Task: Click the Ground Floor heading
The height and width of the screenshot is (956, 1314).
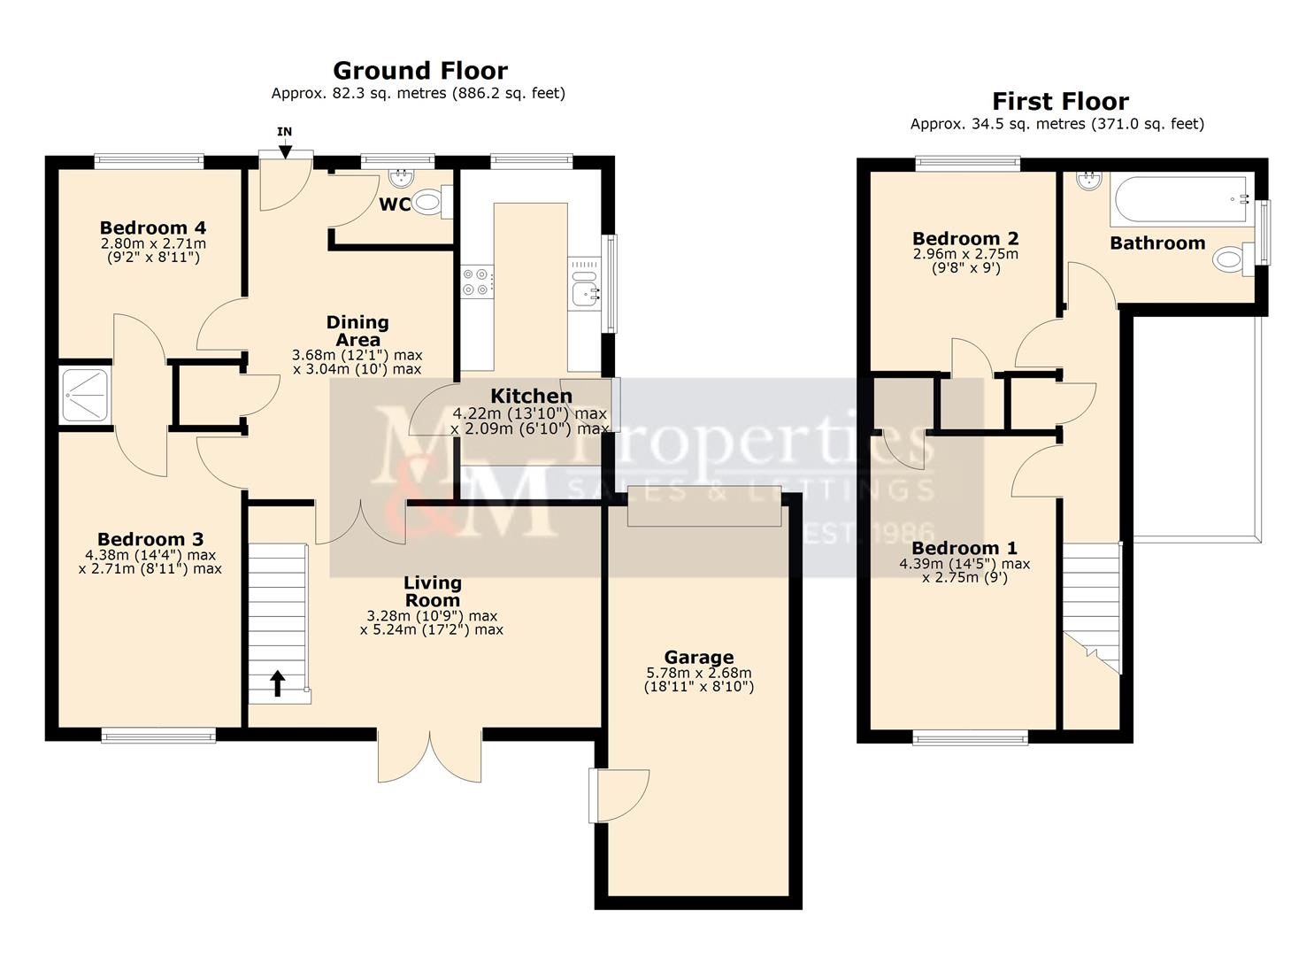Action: coord(419,70)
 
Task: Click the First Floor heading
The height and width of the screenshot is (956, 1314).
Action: coord(1059,101)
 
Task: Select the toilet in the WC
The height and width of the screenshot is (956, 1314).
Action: coord(430,203)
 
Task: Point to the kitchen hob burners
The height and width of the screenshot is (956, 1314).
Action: coord(475,281)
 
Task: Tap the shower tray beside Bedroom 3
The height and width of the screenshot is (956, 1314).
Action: coord(85,395)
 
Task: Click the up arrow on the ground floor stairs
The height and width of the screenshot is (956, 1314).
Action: coord(277,682)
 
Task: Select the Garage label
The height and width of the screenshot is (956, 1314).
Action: coord(698,657)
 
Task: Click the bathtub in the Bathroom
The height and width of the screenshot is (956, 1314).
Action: coord(1178,200)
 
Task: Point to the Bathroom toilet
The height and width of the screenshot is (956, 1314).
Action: coord(1232,260)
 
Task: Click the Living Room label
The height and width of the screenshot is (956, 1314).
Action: coord(432,590)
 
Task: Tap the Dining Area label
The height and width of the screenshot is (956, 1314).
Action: coord(357,330)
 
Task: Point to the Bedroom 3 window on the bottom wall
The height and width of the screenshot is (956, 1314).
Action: coord(158,734)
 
